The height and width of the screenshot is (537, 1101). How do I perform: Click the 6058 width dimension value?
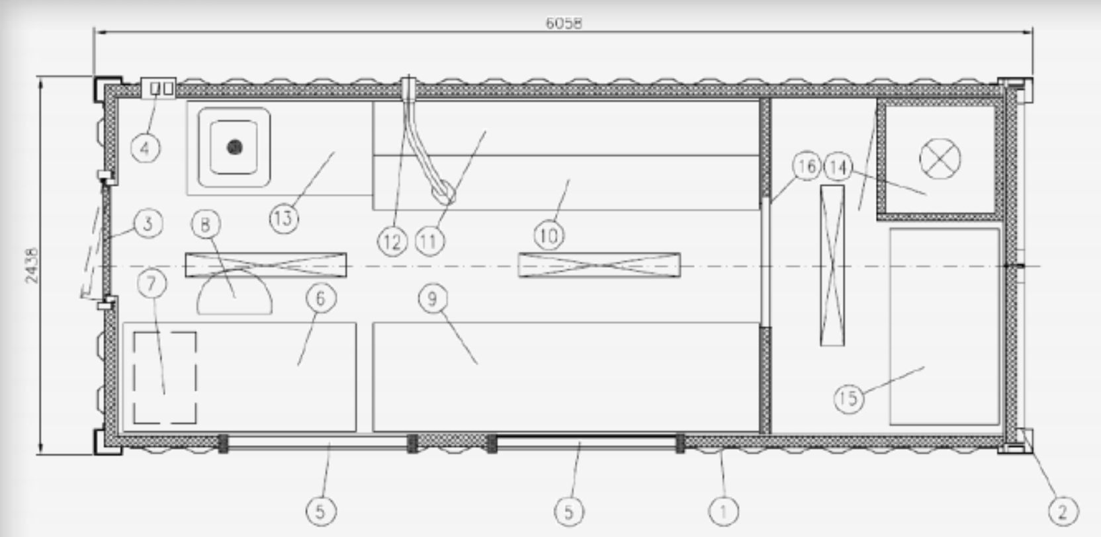click(563, 23)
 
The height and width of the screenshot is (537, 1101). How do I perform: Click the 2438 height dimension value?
click(31, 265)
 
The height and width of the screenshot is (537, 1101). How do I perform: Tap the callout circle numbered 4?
click(146, 148)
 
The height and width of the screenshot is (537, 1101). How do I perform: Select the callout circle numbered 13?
click(285, 218)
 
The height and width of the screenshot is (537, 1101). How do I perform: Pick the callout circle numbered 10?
click(549, 235)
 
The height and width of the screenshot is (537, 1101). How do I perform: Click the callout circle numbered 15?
click(848, 398)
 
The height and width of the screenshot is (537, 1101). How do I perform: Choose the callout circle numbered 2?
click(1063, 511)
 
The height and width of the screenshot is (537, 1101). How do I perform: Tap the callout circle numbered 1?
click(723, 511)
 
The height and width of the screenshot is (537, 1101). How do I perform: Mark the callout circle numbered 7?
click(152, 284)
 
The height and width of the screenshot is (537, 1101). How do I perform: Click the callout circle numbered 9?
click(433, 299)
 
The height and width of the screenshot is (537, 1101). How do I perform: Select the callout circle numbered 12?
click(392, 241)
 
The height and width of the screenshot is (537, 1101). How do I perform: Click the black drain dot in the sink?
click(234, 147)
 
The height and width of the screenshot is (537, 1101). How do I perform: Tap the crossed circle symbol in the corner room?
click(940, 159)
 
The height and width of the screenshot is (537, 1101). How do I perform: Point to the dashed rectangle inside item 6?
click(165, 378)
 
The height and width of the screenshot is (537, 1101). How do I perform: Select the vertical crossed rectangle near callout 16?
click(832, 265)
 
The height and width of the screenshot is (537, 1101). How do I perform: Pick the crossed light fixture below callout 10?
click(599, 265)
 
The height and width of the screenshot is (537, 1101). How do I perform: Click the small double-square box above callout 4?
click(159, 88)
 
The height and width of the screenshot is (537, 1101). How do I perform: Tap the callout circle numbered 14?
click(838, 167)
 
